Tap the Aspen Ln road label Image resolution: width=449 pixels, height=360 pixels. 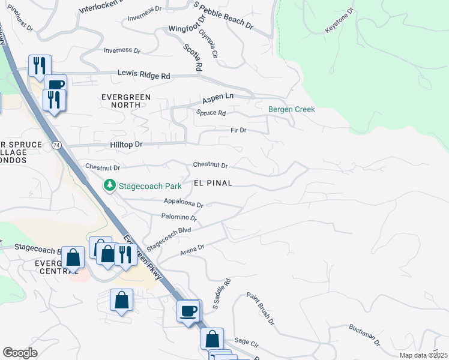tap(217, 97)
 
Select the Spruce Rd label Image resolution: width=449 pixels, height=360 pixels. tap(211, 113)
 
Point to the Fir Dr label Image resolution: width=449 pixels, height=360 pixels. tap(238, 130)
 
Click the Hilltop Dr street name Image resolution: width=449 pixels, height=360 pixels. tap(126, 145)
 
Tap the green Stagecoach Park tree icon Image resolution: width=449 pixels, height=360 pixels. tap(110, 185)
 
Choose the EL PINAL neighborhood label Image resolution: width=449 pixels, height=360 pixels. tap(212, 183)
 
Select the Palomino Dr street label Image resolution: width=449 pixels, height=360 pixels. tap(179, 217)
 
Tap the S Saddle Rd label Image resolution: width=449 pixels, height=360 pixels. tap(222, 294)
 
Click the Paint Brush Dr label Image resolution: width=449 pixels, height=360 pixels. tap(260, 308)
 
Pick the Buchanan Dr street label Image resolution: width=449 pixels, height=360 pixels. tap(364, 336)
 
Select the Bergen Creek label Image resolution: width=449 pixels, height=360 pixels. tap(291, 110)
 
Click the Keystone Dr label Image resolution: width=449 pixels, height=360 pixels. tap(340, 21)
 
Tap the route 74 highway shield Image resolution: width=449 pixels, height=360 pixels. tap(56, 146)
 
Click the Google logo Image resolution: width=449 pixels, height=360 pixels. tap(20, 353)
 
